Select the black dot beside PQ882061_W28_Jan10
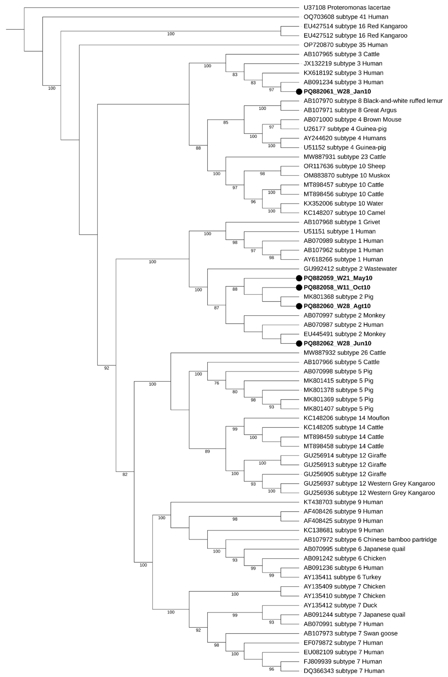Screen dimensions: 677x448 pyautogui.click(x=299, y=91)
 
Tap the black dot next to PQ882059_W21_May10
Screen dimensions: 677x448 pyautogui.click(x=299, y=278)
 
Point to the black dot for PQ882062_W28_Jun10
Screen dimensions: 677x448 pyautogui.click(x=299, y=343)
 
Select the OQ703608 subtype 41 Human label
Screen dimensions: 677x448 pyautogui.click(x=346, y=17)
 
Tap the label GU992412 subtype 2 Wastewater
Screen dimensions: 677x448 pyautogui.click(x=350, y=269)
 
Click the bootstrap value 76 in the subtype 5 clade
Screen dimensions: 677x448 pyautogui.click(x=217, y=383)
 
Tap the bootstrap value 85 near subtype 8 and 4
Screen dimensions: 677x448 pyautogui.click(x=226, y=123)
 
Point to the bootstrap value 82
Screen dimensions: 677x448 pyautogui.click(x=125, y=474)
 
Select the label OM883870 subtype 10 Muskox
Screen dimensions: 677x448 pyautogui.click(x=347, y=176)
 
